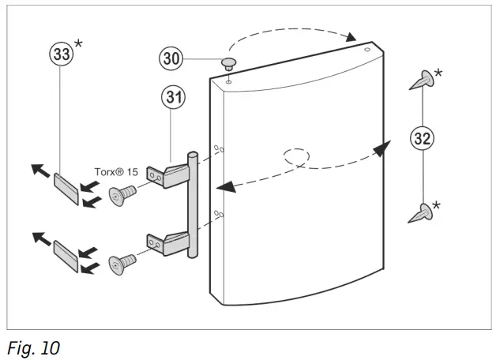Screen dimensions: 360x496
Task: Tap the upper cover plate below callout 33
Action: tap(66, 189)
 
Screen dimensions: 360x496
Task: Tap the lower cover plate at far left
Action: tap(66, 257)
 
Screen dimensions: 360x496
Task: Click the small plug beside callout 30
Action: tap(228, 63)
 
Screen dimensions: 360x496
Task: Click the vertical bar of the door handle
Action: tap(191, 205)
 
